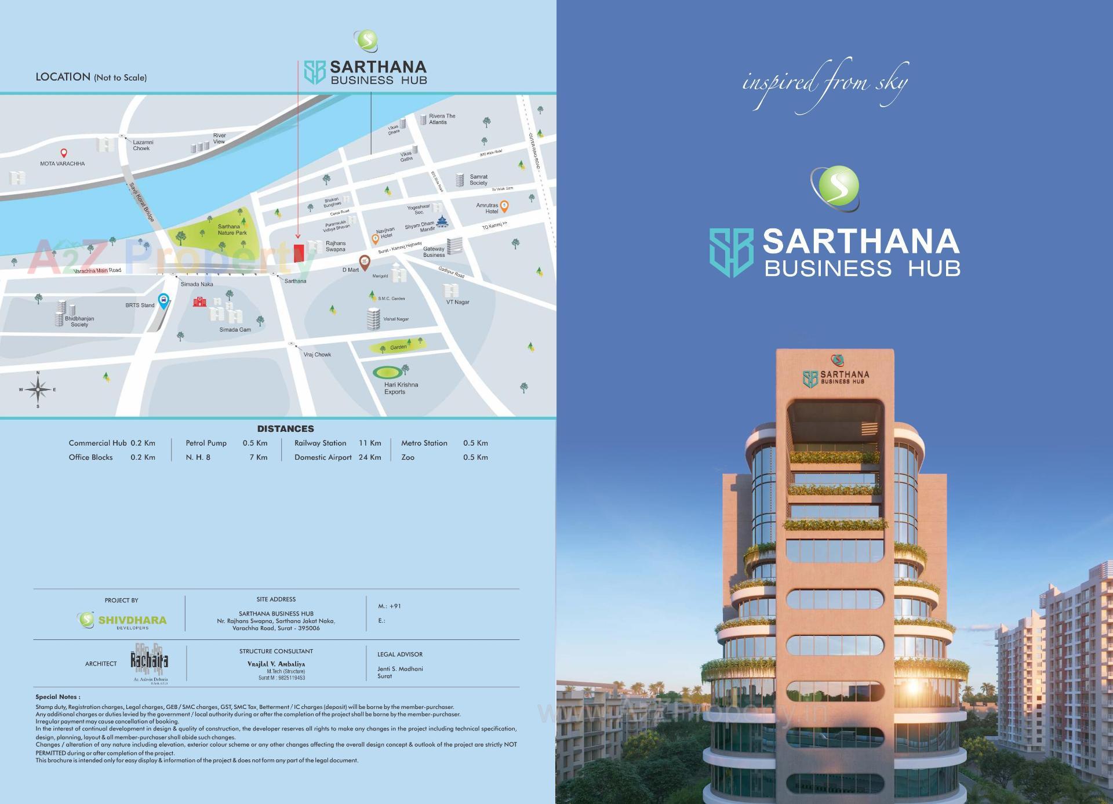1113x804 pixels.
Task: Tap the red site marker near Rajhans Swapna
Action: click(x=299, y=253)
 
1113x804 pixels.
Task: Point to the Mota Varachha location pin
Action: click(x=64, y=154)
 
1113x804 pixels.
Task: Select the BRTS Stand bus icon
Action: click(x=164, y=300)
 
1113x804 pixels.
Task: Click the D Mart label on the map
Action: click(x=350, y=270)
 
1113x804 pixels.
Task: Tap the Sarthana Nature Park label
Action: click(x=232, y=230)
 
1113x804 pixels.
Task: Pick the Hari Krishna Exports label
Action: click(x=401, y=388)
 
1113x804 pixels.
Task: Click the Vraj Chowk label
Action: click(x=317, y=355)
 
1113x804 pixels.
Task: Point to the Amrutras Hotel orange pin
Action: click(x=504, y=205)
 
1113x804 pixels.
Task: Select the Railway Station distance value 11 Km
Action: click(x=370, y=443)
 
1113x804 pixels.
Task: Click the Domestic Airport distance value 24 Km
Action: click(x=370, y=457)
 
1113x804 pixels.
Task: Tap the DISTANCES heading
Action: click(x=285, y=429)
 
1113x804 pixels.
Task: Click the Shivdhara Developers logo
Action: click(x=122, y=620)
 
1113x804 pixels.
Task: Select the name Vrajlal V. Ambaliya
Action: click(x=276, y=664)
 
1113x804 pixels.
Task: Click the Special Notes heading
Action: click(x=58, y=697)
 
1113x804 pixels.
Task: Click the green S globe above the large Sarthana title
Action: click(x=835, y=187)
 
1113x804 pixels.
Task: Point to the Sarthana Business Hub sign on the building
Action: click(x=836, y=377)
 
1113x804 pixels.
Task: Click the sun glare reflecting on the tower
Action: click(x=912, y=688)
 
